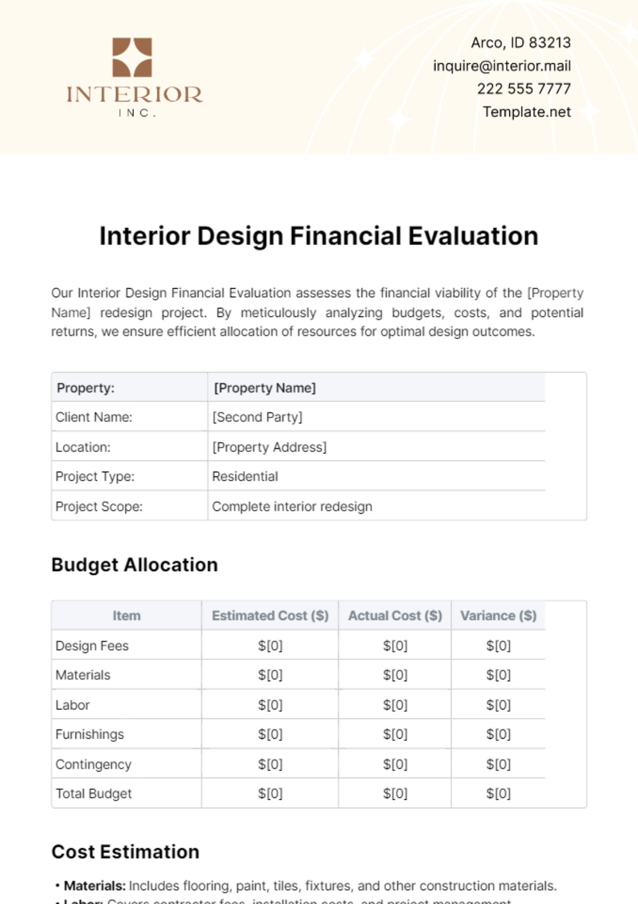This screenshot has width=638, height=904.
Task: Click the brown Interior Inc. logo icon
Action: pyautogui.click(x=132, y=57)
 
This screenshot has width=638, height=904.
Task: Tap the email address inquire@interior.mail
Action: pyautogui.click(x=501, y=66)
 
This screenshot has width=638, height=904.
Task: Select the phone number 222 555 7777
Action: pyautogui.click(x=524, y=89)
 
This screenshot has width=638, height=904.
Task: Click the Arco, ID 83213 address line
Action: pyautogui.click(x=521, y=43)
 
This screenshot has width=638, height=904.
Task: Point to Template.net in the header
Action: pyautogui.click(x=526, y=112)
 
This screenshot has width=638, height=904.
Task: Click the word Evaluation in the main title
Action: pyautogui.click(x=473, y=236)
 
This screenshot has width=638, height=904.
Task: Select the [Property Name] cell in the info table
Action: pyautogui.click(x=265, y=388)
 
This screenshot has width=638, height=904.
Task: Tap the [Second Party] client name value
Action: pyautogui.click(x=257, y=417)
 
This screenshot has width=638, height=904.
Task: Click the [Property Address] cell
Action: pyautogui.click(x=269, y=447)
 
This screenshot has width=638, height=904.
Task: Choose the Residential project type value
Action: pyautogui.click(x=245, y=476)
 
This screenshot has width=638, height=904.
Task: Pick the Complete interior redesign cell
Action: pyautogui.click(x=292, y=506)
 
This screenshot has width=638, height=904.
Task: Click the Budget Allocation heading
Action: pyautogui.click(x=135, y=565)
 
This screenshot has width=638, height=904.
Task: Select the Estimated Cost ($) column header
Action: pyautogui.click(x=270, y=616)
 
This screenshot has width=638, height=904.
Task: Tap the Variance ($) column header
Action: pyautogui.click(x=498, y=616)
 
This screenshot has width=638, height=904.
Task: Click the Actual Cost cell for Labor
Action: pyautogui.click(x=395, y=705)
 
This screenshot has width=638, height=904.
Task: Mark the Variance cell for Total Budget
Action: pyautogui.click(x=498, y=794)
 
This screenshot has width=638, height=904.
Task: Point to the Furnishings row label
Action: pyautogui.click(x=89, y=734)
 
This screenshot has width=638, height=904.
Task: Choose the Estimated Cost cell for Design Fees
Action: pyautogui.click(x=270, y=646)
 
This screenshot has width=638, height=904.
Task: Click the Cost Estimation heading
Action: pyautogui.click(x=125, y=852)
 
